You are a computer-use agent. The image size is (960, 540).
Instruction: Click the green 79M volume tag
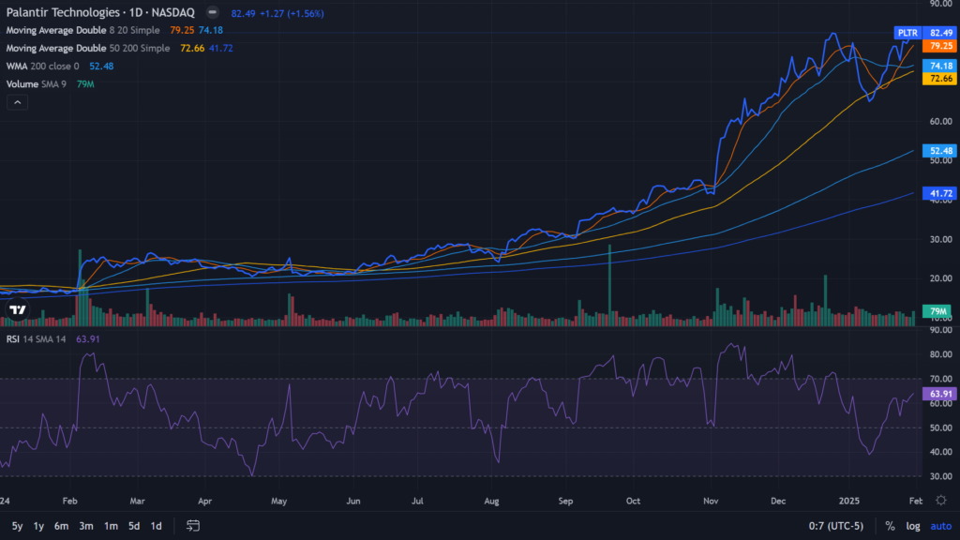(x=937, y=310)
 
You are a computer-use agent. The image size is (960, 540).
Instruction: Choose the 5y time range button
(x=17, y=526)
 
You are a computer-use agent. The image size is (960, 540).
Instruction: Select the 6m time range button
(x=61, y=526)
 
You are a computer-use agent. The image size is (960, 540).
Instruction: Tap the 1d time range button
(x=156, y=526)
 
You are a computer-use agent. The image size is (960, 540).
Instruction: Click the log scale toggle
(x=913, y=526)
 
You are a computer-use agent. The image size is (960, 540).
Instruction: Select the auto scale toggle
(x=940, y=526)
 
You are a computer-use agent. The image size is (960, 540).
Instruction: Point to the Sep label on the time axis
(x=565, y=502)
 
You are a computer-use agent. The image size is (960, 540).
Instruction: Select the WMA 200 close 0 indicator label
(x=44, y=66)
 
